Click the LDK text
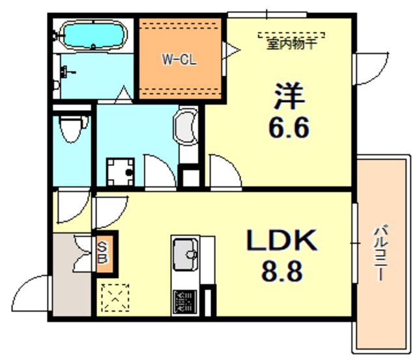281,242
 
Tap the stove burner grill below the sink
186,301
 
